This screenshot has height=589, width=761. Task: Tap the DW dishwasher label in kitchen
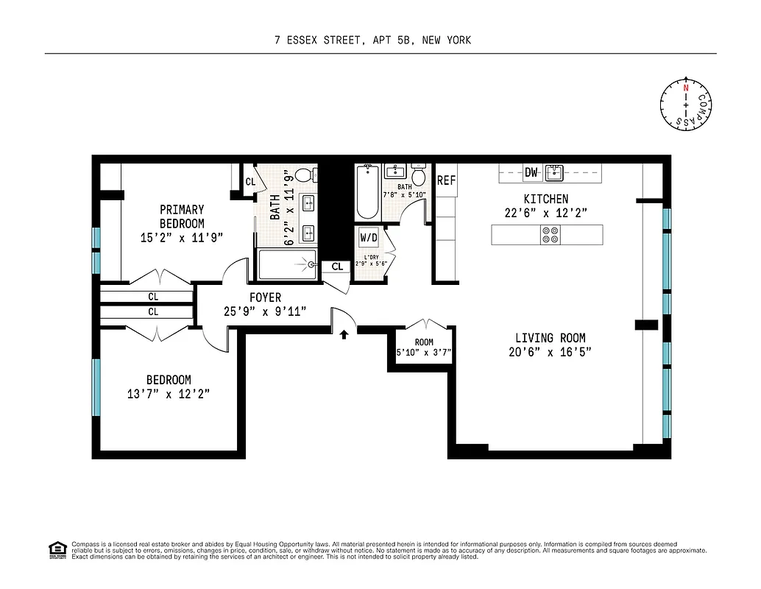(531, 173)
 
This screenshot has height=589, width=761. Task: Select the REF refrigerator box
(446, 180)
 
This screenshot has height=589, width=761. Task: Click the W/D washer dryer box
(368, 238)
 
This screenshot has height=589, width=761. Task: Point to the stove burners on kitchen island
(550, 234)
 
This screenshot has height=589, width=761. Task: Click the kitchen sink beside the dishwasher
(554, 173)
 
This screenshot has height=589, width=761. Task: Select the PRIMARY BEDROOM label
(182, 216)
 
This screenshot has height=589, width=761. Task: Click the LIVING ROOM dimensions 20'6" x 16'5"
(550, 352)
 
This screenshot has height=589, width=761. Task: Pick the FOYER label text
(265, 297)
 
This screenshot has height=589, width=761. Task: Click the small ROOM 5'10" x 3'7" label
(424, 347)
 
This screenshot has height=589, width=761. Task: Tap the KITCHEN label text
(545, 199)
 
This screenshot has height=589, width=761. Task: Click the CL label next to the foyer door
(336, 267)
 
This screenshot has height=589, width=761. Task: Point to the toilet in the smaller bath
(419, 177)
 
